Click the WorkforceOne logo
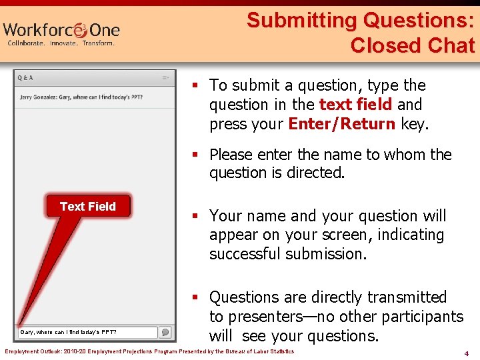[x=61, y=30]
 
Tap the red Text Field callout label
[x=88, y=207]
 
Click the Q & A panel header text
[x=26, y=78]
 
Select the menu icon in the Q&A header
[x=165, y=78]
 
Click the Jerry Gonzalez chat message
[x=81, y=97]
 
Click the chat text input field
[x=87, y=332]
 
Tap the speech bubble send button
[x=165, y=332]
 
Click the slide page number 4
[x=467, y=353]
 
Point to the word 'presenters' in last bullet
[x=267, y=317]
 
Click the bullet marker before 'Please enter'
[x=195, y=155]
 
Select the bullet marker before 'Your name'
[x=195, y=216]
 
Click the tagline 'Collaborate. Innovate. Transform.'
[x=61, y=43]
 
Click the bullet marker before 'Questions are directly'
[x=195, y=297]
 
